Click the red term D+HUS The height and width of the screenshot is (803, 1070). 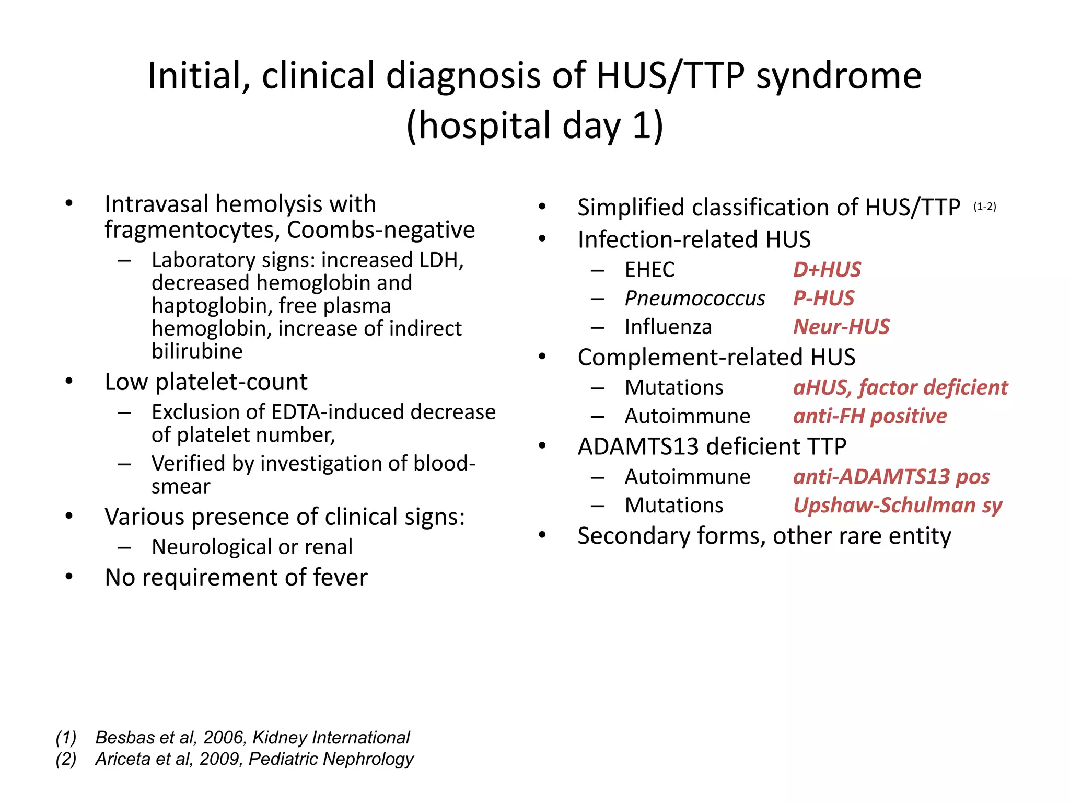pos(827,270)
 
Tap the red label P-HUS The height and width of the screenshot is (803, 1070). pos(823,299)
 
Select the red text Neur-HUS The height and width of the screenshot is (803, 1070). pos(841,327)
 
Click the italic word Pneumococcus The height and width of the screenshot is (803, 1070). pos(694,299)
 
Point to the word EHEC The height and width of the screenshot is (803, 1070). pos(649,270)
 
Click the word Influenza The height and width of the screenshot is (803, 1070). pos(668,327)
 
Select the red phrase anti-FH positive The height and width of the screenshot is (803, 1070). pos(869,416)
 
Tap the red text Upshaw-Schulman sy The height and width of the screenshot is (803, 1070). pos(897,506)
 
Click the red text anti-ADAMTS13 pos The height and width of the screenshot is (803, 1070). pos(891,477)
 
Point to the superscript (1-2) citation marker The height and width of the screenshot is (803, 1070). pos(984,207)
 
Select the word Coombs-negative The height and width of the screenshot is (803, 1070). pos(381,230)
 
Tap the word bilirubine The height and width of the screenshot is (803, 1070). pos(197,351)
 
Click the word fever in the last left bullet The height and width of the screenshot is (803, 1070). pos(340,578)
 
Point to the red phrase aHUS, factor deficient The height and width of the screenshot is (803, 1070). pos(900,388)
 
